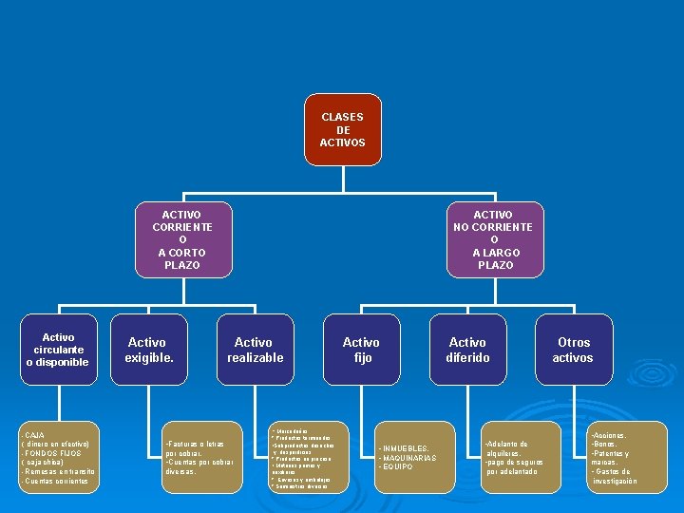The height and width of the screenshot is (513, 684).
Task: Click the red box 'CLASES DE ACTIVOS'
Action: (342, 129)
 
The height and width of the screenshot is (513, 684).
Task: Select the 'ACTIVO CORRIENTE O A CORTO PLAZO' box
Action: (181, 240)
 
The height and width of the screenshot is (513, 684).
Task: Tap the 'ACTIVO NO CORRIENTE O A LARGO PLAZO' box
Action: (493, 240)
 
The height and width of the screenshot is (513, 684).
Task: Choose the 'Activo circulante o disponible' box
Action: (58, 350)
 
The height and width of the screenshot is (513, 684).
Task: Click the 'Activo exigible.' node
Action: (146, 350)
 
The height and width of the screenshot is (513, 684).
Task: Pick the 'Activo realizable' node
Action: (254, 350)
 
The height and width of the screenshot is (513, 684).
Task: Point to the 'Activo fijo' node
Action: (361, 350)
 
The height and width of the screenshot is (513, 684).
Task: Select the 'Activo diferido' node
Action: (467, 350)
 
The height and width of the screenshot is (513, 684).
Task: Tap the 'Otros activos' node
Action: (574, 350)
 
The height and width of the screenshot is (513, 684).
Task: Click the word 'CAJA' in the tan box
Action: (33, 434)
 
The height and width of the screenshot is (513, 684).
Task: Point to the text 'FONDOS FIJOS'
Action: (53, 453)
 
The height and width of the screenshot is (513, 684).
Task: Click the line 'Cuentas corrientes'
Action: (56, 482)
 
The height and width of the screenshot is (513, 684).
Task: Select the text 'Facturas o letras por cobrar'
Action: (194, 448)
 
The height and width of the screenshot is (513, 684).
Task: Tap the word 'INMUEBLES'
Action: (406, 448)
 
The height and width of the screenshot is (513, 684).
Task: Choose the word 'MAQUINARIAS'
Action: (409, 458)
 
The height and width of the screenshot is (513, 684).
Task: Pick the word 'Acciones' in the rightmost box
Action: (609, 434)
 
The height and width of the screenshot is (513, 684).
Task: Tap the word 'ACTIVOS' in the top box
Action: (342, 143)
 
